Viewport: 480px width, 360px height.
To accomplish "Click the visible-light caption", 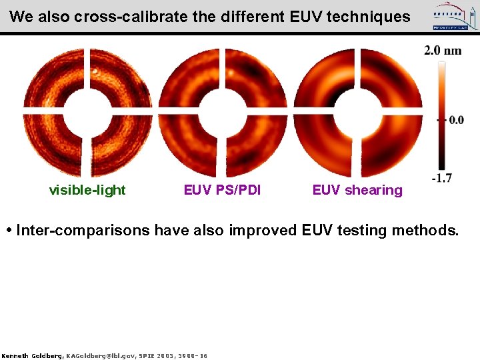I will [87, 190].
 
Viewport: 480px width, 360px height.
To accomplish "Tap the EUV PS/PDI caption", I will [223, 190].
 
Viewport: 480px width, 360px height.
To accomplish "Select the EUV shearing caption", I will [357, 190].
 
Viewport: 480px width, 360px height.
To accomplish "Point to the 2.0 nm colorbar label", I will [443, 51].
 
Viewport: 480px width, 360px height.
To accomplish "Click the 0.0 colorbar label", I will [455, 120].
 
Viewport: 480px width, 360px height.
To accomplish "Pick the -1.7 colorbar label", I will [441, 177].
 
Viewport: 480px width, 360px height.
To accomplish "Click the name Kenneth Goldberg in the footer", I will [31, 356].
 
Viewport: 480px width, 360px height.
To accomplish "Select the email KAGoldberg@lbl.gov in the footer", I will [99, 356].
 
